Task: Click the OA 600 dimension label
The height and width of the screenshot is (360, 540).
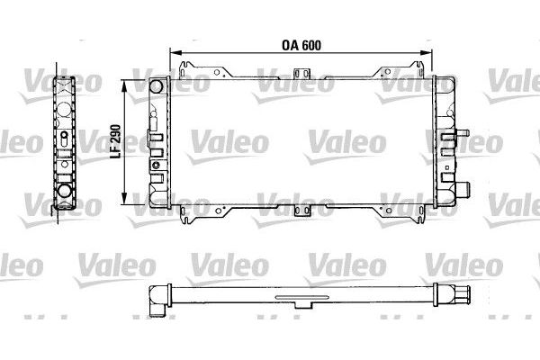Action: click(301, 45)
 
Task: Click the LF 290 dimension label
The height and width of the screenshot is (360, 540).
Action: click(116, 141)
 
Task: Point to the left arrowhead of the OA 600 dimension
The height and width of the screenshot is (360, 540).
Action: click(175, 52)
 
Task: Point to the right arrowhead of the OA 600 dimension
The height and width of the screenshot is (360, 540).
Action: click(426, 52)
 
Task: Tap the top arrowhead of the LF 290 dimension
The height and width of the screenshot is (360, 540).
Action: click(124, 85)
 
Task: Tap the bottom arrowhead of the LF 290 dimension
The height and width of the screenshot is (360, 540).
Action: click(124, 198)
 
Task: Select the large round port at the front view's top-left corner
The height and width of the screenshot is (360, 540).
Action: click(156, 86)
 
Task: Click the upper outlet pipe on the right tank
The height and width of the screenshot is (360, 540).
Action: click(463, 132)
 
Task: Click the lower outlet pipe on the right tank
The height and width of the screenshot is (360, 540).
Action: click(463, 189)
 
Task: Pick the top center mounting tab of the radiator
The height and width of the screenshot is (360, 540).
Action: click(302, 74)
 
